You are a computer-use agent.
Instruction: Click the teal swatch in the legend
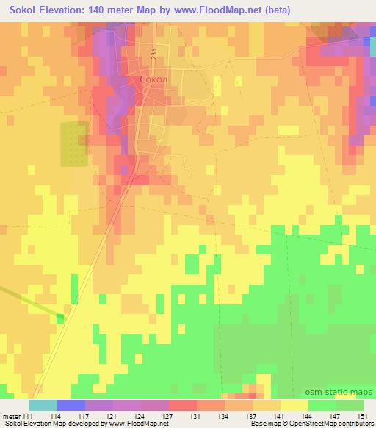[43, 405]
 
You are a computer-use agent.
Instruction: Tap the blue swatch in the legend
[71, 405]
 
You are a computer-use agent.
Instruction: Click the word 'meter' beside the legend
[12, 417]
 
